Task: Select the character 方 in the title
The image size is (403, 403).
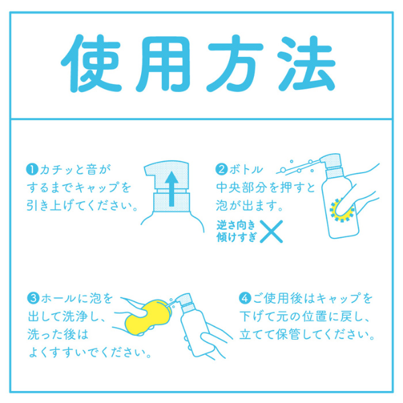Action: coord(239,62)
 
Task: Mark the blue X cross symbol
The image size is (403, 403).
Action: coord(270,232)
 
